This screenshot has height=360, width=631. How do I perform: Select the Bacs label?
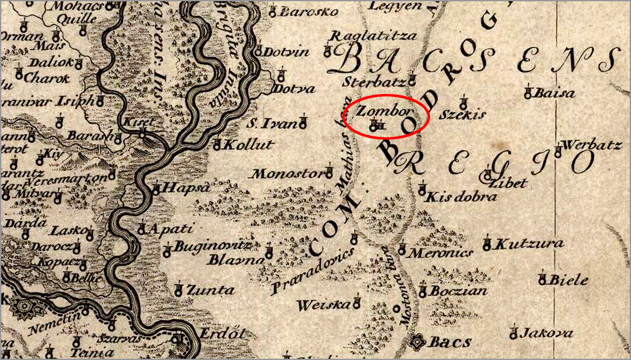click(x=450, y=342)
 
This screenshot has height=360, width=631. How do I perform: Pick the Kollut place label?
click(x=248, y=145)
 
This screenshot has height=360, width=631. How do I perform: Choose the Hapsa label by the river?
click(x=187, y=187)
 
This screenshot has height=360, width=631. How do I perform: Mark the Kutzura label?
click(x=529, y=243)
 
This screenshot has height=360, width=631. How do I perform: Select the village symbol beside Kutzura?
click(x=487, y=245)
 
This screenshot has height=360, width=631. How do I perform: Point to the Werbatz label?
click(x=592, y=145)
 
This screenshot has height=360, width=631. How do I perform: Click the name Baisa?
click(x=554, y=93)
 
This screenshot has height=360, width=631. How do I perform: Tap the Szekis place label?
click(x=462, y=114)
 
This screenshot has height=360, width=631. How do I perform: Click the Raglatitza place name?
click(x=373, y=35)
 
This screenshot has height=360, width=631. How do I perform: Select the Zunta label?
click(x=210, y=290)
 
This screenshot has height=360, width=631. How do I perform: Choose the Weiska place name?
click(x=324, y=305)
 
